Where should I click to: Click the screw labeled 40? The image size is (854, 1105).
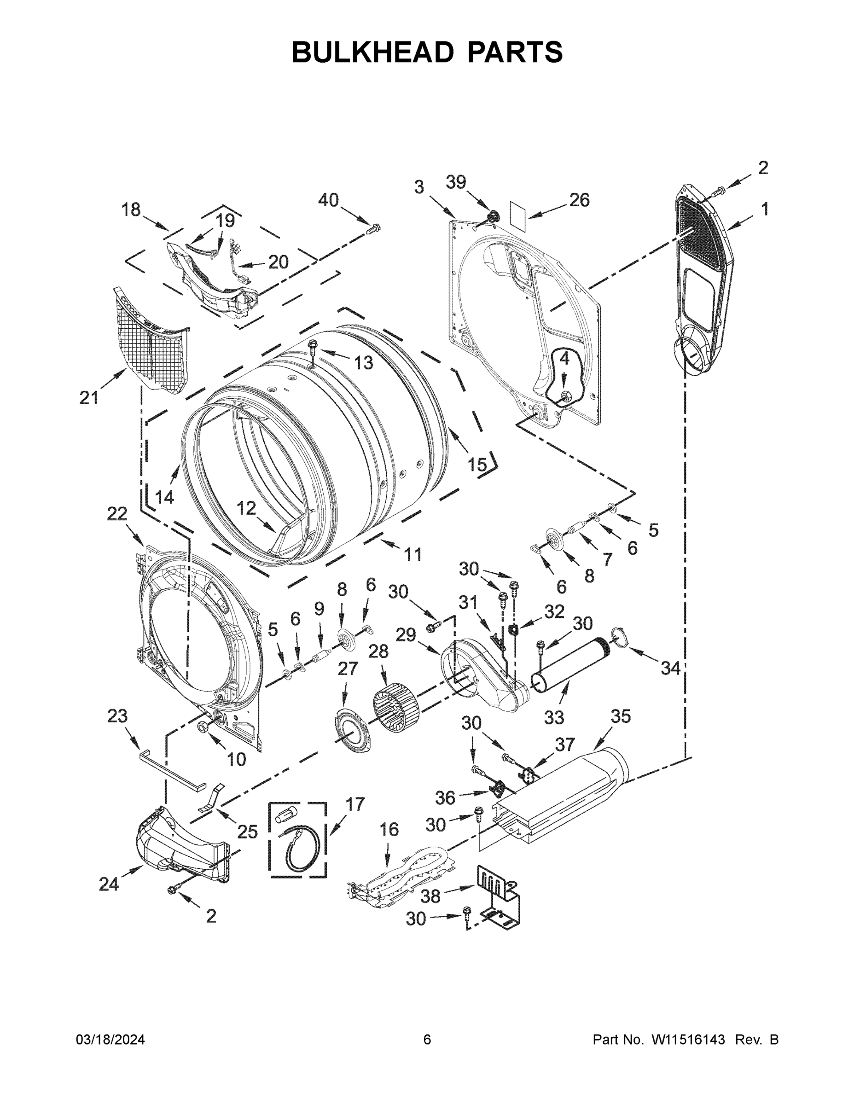click(373, 230)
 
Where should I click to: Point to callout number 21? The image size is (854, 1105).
click(88, 398)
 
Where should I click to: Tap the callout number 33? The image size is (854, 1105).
click(554, 717)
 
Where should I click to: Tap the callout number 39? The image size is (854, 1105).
click(456, 182)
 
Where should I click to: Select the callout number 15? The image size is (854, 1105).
click(476, 464)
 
